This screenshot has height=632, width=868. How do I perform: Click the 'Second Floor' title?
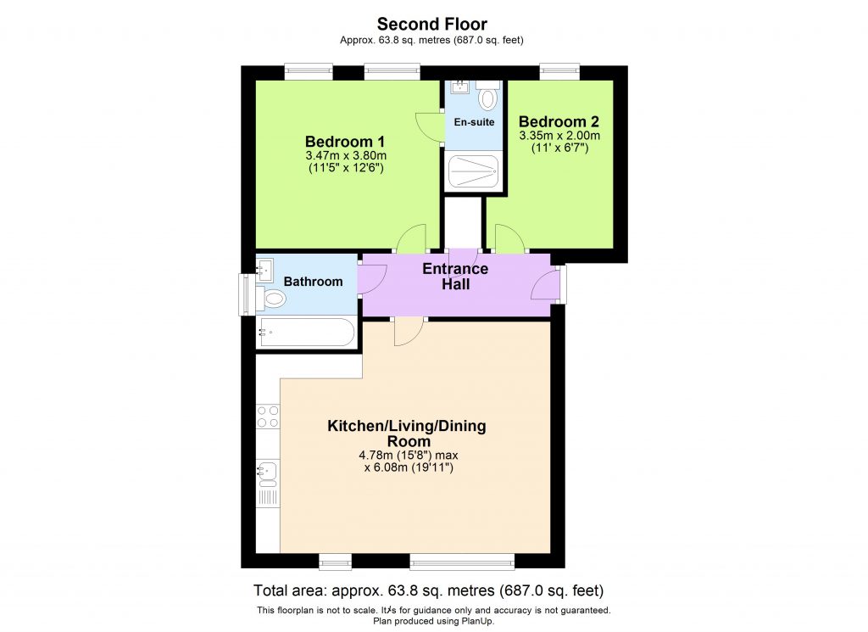tap(432, 24)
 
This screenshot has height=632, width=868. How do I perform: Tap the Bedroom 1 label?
tap(345, 141)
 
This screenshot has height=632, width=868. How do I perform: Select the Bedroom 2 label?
tap(559, 120)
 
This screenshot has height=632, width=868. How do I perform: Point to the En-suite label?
tap(474, 122)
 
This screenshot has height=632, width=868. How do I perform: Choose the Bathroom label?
tap(313, 282)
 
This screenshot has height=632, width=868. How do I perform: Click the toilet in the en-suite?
tap(487, 97)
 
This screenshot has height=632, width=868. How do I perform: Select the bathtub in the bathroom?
tap(306, 332)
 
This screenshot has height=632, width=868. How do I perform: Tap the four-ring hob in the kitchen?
tap(268, 416)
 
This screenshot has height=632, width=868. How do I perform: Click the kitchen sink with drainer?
tap(268, 481)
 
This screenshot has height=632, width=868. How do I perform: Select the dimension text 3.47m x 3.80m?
tap(346, 155)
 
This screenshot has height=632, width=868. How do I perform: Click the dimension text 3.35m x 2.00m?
tap(559, 135)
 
